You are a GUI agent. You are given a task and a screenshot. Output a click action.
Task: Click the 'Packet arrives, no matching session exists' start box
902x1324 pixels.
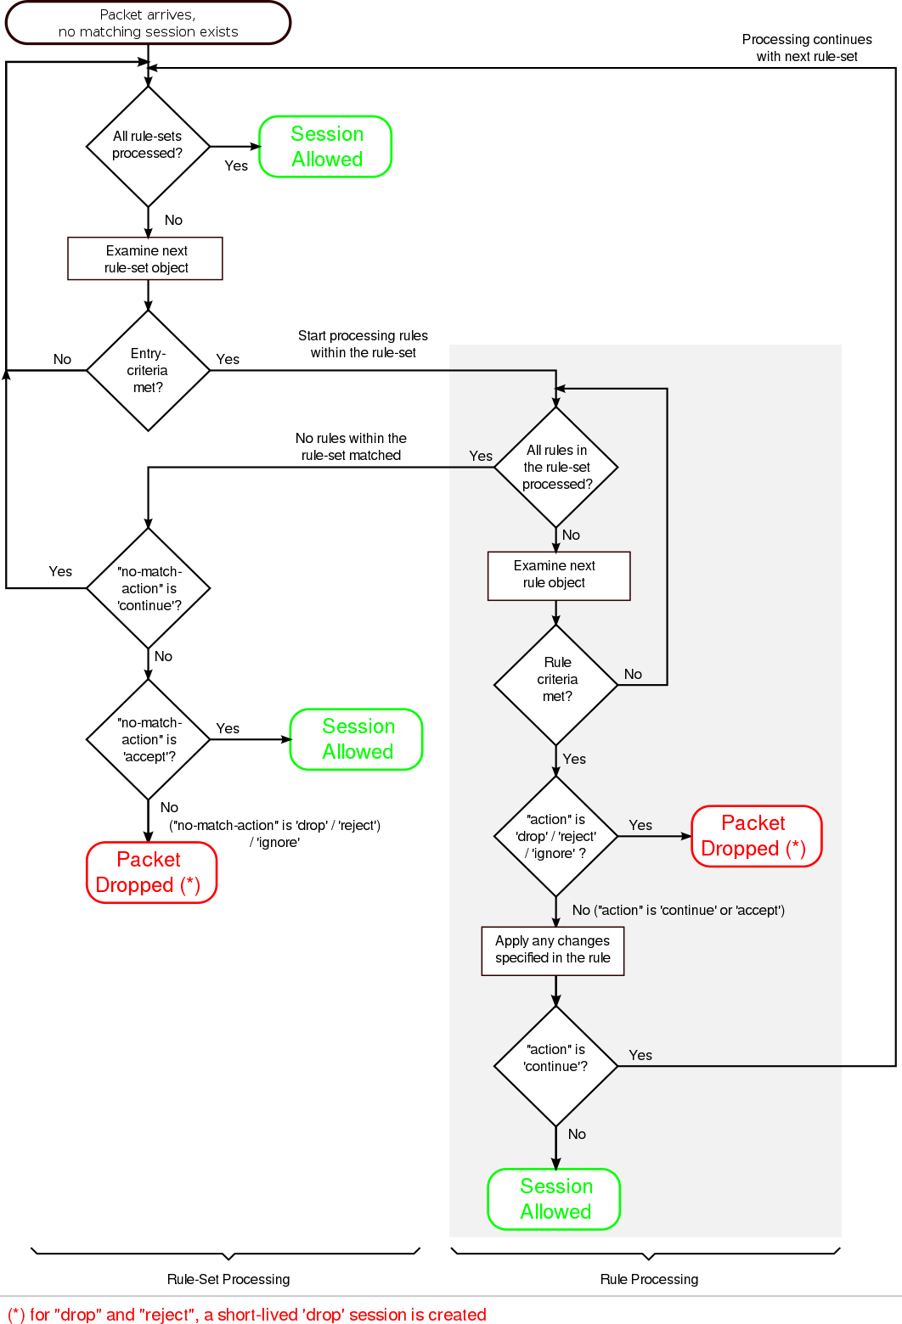(148, 23)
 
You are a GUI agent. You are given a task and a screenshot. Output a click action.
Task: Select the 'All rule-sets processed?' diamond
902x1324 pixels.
(148, 146)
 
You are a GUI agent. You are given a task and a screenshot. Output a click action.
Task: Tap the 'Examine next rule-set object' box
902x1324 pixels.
(145, 259)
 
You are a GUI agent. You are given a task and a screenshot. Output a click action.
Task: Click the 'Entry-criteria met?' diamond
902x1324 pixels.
(148, 370)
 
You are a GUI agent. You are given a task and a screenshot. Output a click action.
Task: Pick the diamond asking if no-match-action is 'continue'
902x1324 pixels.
(149, 588)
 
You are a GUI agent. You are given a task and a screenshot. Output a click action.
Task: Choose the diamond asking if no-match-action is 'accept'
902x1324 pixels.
(149, 739)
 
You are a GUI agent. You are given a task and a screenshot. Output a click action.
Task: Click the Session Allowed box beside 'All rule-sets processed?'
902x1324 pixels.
(326, 147)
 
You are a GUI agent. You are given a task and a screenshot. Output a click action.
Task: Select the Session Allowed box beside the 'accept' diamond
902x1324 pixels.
(357, 739)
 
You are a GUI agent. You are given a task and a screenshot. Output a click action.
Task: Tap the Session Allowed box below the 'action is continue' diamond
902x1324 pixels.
(555, 1198)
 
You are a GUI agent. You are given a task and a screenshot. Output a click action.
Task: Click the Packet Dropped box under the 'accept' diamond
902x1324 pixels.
(151, 872)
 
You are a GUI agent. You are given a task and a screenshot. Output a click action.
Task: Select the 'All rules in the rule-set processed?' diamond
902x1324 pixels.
(556, 467)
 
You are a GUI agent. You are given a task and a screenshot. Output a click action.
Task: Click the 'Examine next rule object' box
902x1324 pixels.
(558, 575)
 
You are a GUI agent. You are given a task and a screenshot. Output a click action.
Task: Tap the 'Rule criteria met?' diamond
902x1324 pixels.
(556, 684)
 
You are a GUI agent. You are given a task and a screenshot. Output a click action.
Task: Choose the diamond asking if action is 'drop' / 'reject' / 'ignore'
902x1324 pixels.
(556, 836)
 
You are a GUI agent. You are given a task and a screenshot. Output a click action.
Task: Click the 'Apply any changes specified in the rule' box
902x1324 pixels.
(553, 951)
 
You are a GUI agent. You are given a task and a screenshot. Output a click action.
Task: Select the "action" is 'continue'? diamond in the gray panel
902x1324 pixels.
(556, 1065)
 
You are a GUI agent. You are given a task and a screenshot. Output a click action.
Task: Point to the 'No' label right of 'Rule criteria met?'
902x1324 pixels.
(633, 674)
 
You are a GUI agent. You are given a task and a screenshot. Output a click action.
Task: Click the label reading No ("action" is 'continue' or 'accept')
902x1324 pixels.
(678, 910)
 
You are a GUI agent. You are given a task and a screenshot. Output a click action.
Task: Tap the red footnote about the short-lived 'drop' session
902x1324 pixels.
(246, 1314)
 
